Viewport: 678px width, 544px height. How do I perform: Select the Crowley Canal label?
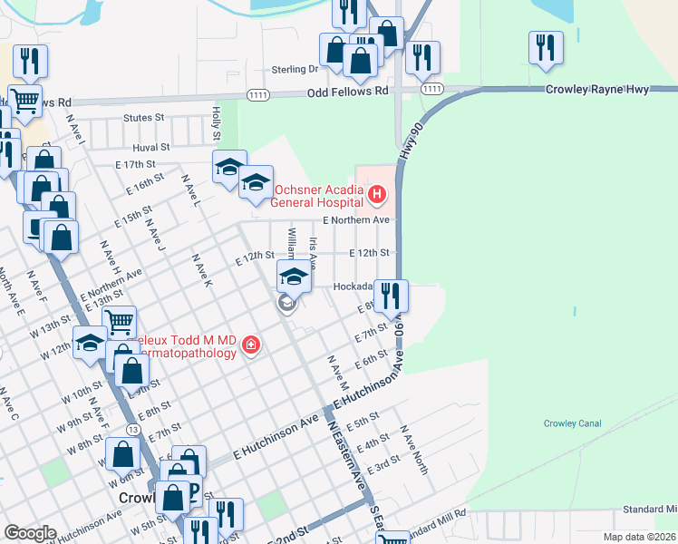[x=572, y=423]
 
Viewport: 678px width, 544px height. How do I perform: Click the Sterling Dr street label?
[x=295, y=69]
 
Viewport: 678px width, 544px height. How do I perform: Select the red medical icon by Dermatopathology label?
[x=250, y=345]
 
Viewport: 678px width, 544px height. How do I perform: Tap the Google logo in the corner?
[x=30, y=533]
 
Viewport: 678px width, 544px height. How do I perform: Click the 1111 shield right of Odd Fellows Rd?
[x=431, y=89]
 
